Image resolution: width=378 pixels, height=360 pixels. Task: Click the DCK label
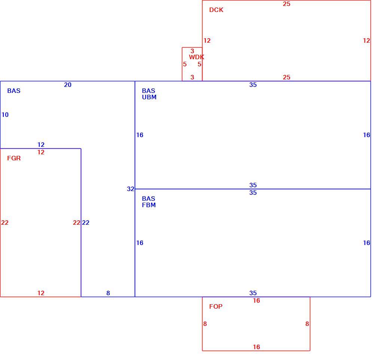[x=216, y=10]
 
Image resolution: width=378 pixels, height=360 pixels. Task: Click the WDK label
[x=196, y=57]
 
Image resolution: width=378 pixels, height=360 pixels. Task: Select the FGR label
[x=14, y=158]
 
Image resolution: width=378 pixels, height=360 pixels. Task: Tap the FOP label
[x=216, y=306]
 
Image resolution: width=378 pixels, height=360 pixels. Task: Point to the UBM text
[x=149, y=97]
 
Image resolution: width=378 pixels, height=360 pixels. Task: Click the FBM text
[x=149, y=205]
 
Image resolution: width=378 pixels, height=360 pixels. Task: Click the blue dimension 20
[x=68, y=85]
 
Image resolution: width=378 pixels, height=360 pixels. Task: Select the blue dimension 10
[x=5, y=115]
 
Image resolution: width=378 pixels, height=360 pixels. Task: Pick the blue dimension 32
[x=130, y=189]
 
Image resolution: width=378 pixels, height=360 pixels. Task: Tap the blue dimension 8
[x=108, y=293]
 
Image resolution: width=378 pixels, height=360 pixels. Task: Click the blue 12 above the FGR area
[x=41, y=145]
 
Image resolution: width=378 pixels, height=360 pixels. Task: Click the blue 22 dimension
[x=86, y=223]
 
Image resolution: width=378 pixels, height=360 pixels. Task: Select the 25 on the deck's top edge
[x=287, y=4]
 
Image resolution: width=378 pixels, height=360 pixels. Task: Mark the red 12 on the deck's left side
[x=207, y=40]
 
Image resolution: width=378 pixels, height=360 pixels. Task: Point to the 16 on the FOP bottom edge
[x=256, y=347]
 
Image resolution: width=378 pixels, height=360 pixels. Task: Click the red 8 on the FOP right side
[x=307, y=324]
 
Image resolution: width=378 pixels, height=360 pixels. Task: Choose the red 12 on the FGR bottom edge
[x=41, y=293]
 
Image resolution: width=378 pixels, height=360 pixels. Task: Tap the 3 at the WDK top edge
[x=192, y=51]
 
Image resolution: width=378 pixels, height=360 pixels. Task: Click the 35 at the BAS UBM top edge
[x=253, y=85]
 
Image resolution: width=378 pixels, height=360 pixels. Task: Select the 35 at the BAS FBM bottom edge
[x=253, y=293]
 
